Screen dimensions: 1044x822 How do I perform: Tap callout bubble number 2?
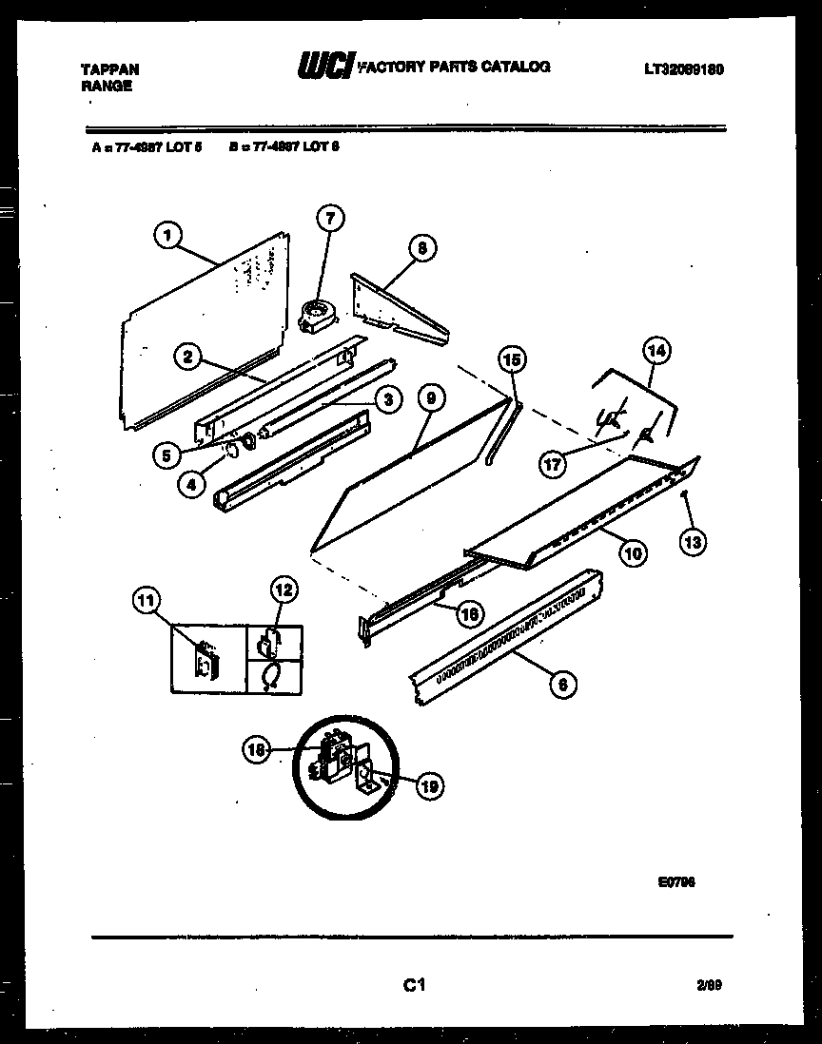click(x=188, y=357)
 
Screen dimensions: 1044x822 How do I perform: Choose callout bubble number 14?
click(x=656, y=351)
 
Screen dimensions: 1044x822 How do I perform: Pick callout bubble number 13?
click(x=694, y=542)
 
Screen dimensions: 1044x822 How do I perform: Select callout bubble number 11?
click(x=146, y=600)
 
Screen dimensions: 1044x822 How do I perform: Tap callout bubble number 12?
click(x=284, y=589)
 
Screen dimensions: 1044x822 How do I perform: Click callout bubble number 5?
click(x=166, y=454)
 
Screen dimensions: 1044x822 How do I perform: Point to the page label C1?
click(x=412, y=987)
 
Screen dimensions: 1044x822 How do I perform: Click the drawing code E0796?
click(x=676, y=881)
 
